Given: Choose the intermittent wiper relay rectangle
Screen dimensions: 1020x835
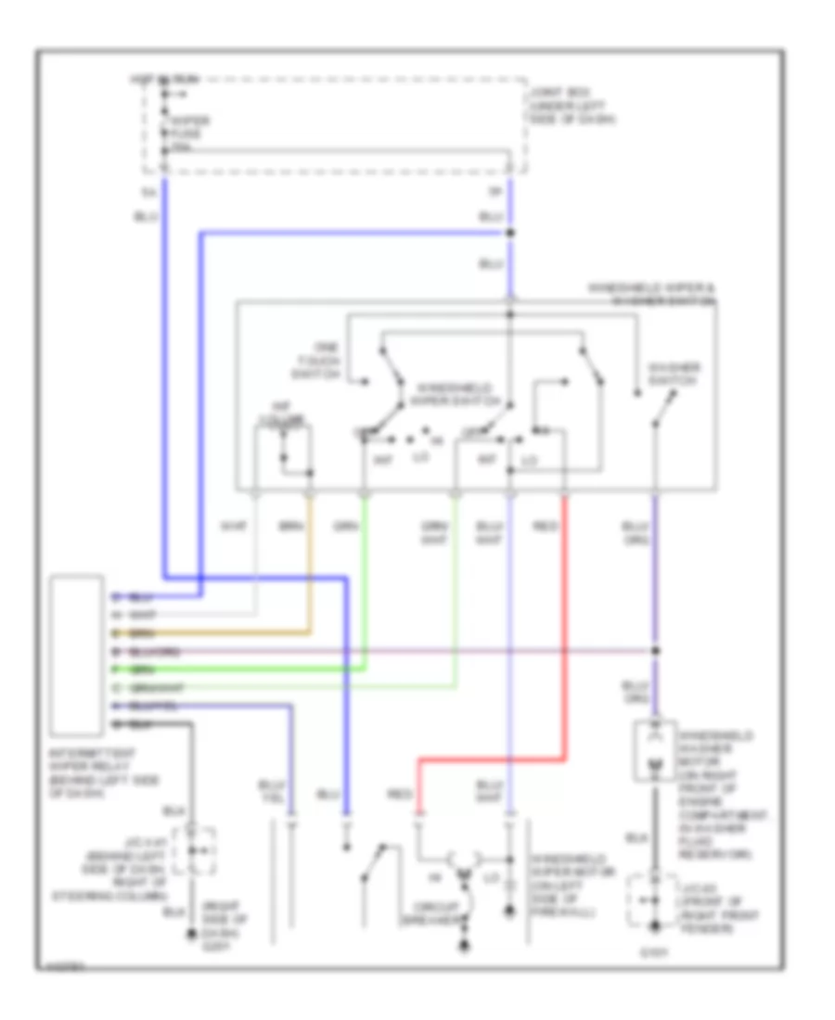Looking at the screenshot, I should [x=77, y=654].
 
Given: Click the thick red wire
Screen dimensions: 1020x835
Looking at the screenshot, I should [x=566, y=649].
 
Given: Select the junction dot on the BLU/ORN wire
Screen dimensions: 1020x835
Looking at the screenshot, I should [x=656, y=650].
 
